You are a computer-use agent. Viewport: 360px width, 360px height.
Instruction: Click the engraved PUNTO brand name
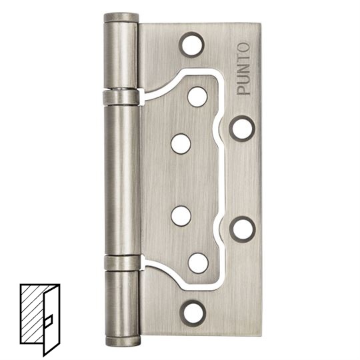[243, 69]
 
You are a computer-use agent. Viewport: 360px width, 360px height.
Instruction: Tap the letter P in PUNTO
[243, 90]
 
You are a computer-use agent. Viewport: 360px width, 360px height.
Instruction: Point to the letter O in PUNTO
[243, 47]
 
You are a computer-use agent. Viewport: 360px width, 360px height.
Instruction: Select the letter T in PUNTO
[243, 58]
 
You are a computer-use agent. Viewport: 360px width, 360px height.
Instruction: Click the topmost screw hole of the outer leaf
[191, 45]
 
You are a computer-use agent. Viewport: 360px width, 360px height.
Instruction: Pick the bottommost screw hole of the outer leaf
[193, 313]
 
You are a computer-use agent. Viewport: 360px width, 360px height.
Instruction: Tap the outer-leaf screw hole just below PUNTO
[242, 129]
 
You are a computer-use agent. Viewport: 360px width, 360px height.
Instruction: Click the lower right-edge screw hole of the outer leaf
[243, 229]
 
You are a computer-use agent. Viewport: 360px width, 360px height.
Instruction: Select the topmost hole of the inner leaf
[197, 97]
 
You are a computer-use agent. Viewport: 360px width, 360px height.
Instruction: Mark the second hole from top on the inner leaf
[181, 144]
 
